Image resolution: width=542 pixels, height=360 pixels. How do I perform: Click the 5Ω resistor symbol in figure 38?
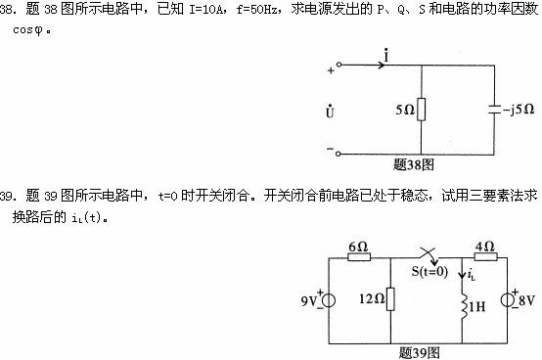point(422,110)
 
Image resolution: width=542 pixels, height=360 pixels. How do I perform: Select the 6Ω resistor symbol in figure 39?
point(358,259)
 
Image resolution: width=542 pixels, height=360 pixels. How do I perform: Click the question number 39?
point(8,197)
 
